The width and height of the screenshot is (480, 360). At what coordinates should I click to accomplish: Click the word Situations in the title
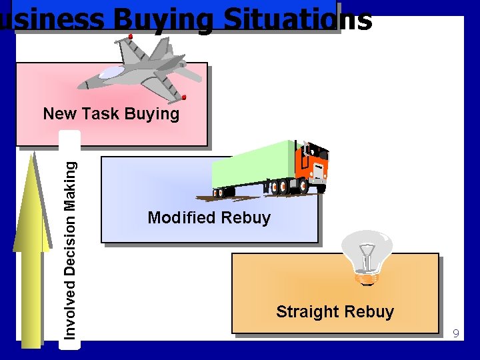coord(297,20)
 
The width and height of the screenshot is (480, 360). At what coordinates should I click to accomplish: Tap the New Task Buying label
coord(111,114)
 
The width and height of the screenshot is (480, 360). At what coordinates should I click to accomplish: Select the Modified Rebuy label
coord(209,217)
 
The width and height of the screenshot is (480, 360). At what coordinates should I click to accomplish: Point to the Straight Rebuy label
coord(335,311)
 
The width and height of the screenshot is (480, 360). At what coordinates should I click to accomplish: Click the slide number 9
coord(456,333)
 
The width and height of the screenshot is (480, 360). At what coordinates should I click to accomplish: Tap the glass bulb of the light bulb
coord(366,250)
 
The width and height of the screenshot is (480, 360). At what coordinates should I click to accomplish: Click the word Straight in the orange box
coord(305,311)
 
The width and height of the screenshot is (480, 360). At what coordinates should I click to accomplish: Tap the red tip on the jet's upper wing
coord(131,36)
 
